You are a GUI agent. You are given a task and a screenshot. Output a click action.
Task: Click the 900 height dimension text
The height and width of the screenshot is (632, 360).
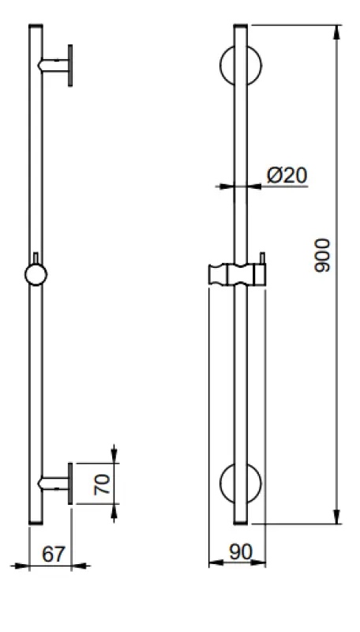[x=322, y=254]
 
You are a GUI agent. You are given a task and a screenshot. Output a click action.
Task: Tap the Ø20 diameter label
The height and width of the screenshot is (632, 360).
[x=287, y=175]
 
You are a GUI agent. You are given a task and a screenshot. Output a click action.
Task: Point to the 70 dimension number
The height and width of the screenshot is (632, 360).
[x=101, y=483]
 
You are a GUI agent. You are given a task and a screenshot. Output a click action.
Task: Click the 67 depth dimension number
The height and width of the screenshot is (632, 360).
[x=52, y=555]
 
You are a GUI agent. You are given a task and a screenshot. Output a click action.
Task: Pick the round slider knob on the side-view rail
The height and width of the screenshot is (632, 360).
[x=36, y=273]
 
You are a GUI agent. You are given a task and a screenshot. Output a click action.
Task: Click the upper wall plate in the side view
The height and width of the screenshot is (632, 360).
[x=70, y=65]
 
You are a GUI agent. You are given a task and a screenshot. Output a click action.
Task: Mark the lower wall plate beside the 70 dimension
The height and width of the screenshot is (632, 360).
[x=71, y=483]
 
